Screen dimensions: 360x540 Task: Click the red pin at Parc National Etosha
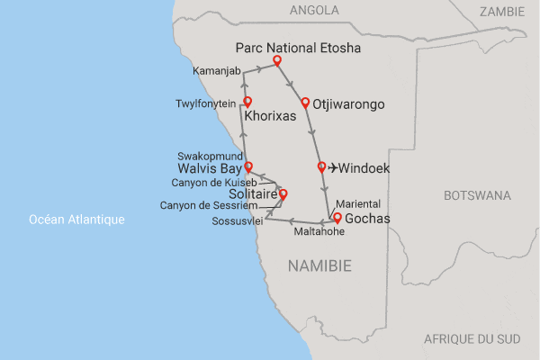point(277,61)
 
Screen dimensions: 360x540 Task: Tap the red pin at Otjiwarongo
point(305,103)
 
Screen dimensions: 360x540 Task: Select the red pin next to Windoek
point(321,166)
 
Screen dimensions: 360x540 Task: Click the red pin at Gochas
point(337,218)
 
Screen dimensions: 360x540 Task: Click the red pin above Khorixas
point(247,103)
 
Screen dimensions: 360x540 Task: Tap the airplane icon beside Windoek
point(335,167)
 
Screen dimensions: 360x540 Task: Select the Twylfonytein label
point(204,103)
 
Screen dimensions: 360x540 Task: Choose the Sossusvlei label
point(237,221)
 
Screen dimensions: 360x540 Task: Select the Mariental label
point(357,203)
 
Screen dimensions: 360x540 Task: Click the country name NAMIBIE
point(319,265)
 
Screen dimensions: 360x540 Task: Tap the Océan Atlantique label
point(76,220)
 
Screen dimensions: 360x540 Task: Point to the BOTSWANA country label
point(476,195)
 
